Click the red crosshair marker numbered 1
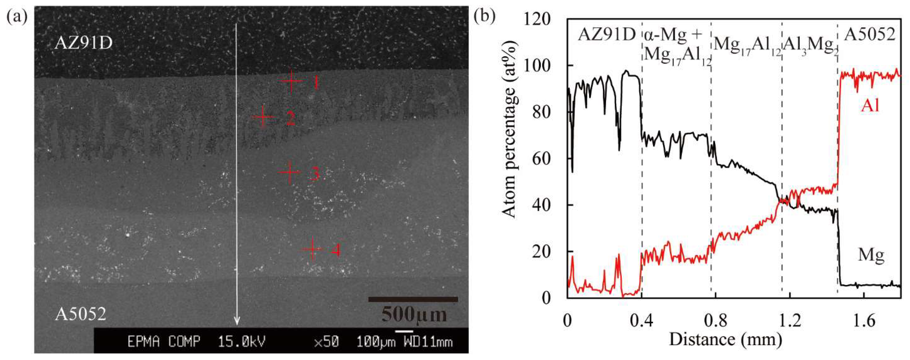click(x=291, y=81)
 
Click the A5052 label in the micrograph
click(x=80, y=314)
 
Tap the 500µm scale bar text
click(x=414, y=314)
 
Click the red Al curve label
click(x=870, y=105)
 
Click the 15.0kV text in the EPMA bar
click(x=241, y=342)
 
